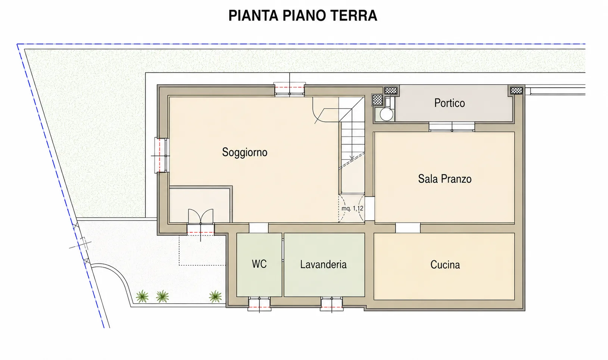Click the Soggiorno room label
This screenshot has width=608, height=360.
click(x=244, y=152)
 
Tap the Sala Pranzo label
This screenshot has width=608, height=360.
click(x=445, y=179)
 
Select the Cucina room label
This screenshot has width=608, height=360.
click(x=445, y=265)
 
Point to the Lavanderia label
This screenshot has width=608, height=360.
click(x=323, y=264)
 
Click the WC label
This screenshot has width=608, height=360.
click(x=259, y=264)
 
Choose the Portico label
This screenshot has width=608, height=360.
click(x=449, y=103)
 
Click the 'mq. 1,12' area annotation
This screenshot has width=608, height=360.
click(x=352, y=208)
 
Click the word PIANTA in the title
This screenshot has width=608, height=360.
click(x=253, y=15)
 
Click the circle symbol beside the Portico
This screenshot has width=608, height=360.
click(x=386, y=115)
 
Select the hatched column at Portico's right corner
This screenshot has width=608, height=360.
click(x=516, y=90)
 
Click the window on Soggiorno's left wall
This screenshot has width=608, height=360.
click(x=162, y=156)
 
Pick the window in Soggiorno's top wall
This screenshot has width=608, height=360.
click(x=289, y=90)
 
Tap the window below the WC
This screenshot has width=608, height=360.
click(x=259, y=304)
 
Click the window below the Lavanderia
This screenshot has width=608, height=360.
click(x=331, y=304)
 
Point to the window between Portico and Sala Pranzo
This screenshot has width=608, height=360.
click(x=452, y=127)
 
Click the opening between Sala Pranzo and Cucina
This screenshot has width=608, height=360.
click(x=408, y=228)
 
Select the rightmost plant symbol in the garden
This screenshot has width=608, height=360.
click(x=215, y=296)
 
